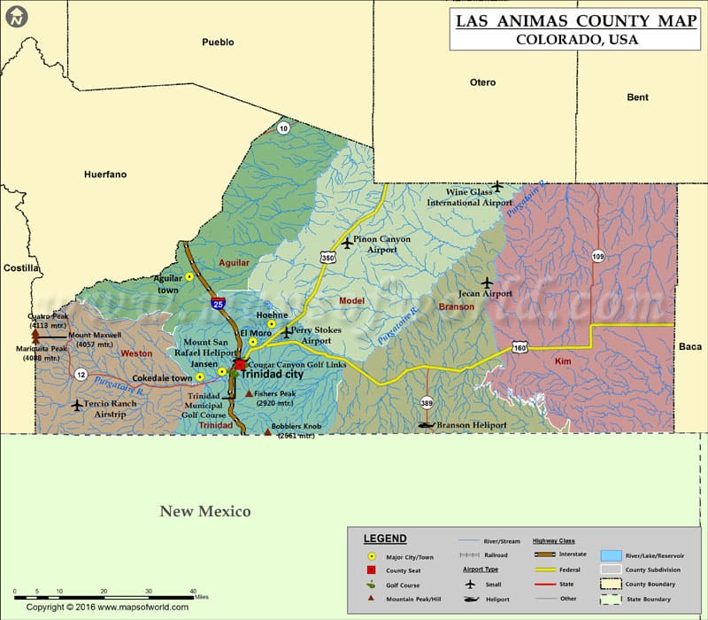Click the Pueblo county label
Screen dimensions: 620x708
[218, 42]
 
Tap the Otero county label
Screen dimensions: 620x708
[482, 82]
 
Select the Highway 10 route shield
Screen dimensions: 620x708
[283, 128]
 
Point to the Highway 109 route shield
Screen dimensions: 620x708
[598, 255]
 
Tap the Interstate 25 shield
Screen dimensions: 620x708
[219, 303]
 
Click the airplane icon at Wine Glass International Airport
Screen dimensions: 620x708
[497, 186]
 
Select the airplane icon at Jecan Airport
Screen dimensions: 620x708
[486, 283]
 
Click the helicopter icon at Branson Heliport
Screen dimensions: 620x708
[427, 425]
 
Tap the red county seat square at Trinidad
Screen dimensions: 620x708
[240, 364]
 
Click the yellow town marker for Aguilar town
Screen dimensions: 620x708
[189, 277]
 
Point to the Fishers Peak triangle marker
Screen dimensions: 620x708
[249, 393]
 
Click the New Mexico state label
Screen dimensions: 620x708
[205, 511]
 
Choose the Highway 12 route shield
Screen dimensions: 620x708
[81, 374]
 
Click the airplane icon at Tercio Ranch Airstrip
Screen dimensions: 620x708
[76, 405]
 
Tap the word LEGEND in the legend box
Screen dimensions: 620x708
[385, 539]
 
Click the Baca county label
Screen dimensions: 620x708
[690, 346]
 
